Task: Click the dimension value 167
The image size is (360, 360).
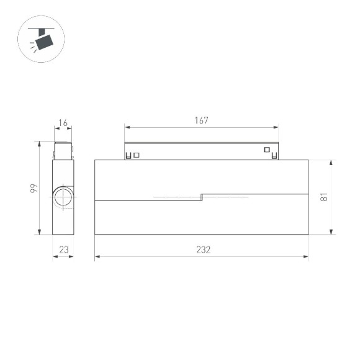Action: tap(200, 120)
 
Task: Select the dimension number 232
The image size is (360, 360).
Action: tap(203, 250)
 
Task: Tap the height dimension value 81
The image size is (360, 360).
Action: tap(323, 197)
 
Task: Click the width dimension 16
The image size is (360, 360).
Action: tap(63, 124)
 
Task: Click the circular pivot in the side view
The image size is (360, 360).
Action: tap(62, 197)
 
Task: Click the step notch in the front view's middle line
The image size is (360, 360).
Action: tap(202, 197)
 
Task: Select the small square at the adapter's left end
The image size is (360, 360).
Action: tap(137, 155)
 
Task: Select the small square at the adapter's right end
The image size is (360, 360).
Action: tap(267, 150)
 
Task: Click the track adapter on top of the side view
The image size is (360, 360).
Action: tap(63, 151)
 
